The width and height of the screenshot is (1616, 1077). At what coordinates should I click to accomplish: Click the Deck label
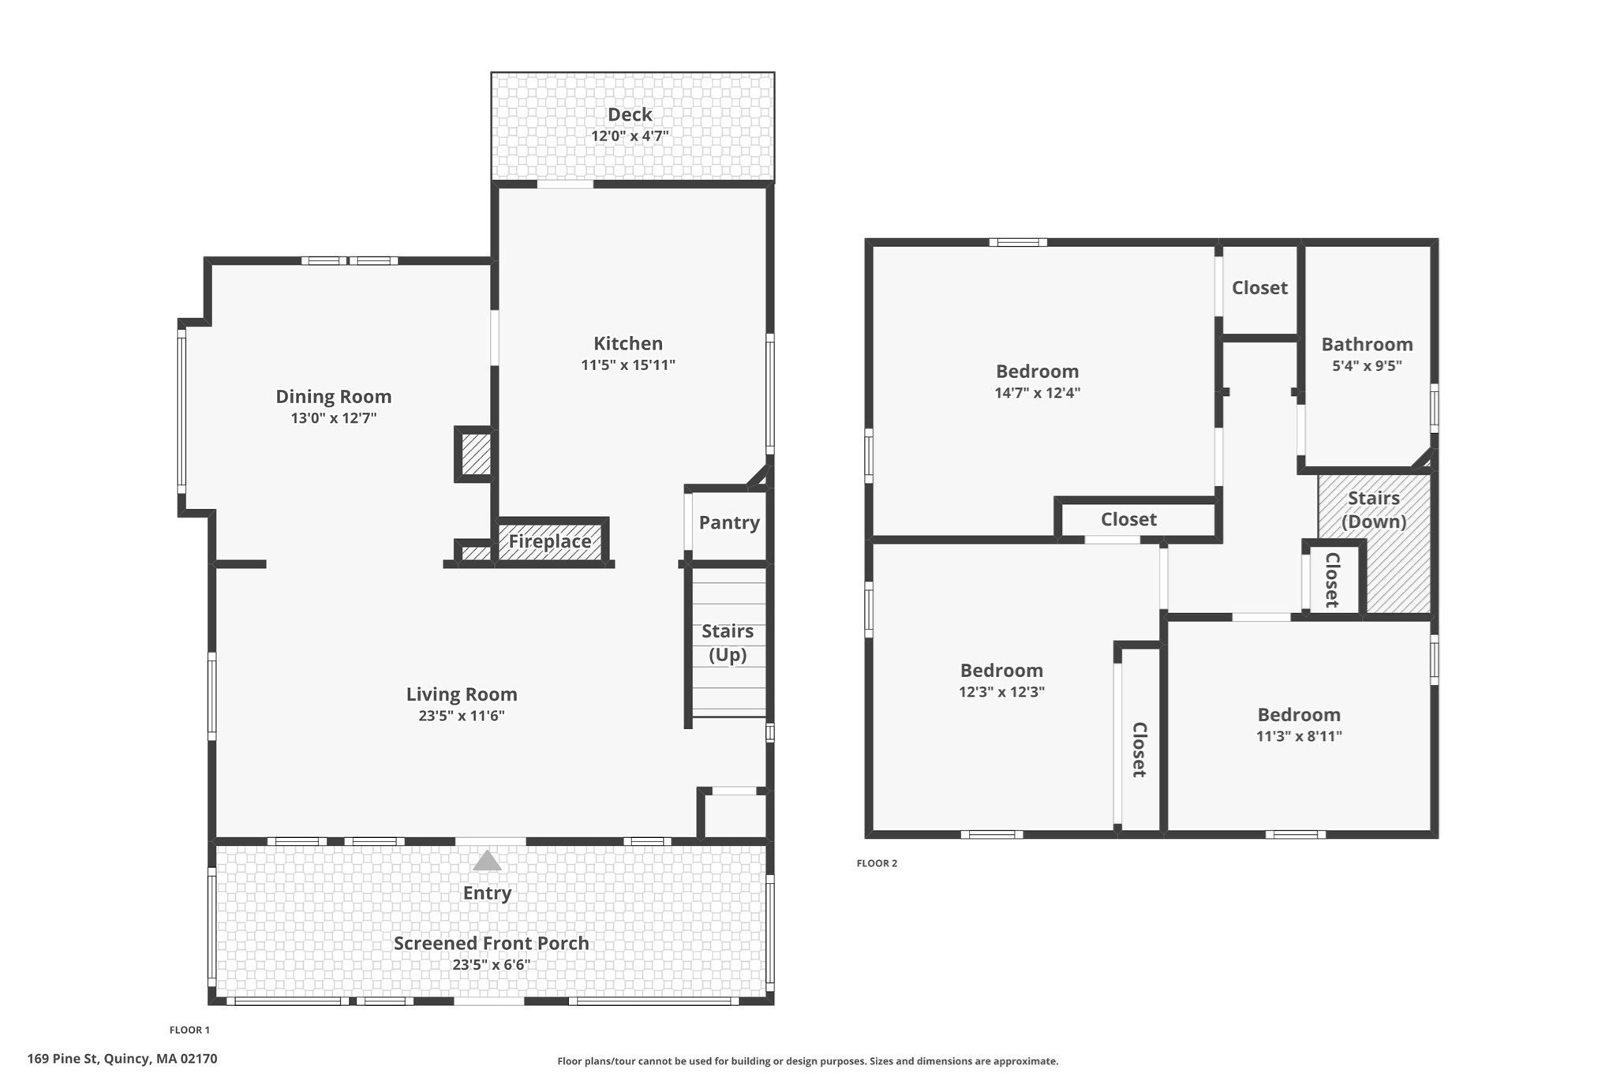tap(630, 115)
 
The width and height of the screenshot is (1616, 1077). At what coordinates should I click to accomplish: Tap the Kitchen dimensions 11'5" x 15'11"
tap(628, 365)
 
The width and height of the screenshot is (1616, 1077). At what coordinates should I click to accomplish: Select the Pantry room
tap(728, 522)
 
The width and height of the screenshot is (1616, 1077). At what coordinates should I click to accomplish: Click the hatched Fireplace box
tap(550, 541)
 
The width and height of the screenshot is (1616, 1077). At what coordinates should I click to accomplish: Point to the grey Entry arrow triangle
tap(487, 861)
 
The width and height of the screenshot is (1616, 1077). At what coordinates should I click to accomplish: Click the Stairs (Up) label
tap(727, 642)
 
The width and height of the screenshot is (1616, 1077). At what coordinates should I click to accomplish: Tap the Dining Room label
tap(333, 396)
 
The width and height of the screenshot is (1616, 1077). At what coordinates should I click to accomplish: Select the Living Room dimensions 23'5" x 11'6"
tap(462, 716)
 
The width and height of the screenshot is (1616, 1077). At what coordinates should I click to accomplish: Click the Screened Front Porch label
tap(491, 943)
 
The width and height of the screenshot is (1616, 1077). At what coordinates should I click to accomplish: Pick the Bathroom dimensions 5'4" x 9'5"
tap(1367, 365)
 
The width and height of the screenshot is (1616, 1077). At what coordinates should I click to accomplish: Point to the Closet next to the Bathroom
tap(1259, 288)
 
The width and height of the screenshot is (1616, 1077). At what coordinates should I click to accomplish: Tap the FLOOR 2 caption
tap(877, 863)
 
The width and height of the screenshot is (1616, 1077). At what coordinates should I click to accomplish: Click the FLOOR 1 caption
tap(189, 1030)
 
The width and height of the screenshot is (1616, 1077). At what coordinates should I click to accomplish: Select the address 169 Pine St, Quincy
tap(122, 1059)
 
